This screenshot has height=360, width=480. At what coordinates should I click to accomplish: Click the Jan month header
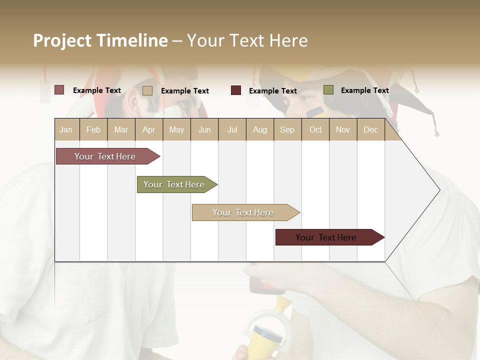point(66,129)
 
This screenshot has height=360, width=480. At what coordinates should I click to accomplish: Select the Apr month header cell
point(149,129)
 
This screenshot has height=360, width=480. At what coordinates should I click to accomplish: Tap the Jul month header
point(232,129)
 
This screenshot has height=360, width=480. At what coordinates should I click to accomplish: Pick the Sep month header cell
point(287,129)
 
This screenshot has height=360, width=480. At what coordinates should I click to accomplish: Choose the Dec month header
point(370,129)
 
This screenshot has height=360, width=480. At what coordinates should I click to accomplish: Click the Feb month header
point(93,129)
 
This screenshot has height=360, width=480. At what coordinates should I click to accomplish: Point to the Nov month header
point(343,129)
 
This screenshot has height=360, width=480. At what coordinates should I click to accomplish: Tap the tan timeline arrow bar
point(243,212)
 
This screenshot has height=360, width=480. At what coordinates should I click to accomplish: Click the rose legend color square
point(59,90)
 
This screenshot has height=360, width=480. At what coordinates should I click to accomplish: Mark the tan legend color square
point(147,90)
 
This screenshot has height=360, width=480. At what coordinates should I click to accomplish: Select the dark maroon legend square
point(236,90)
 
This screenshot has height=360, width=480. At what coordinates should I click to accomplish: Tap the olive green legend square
point(328,90)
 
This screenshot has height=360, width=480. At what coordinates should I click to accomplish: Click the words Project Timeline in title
point(100,40)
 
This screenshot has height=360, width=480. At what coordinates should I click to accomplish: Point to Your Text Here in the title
point(247,40)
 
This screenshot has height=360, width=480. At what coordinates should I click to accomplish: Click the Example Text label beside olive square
point(364,90)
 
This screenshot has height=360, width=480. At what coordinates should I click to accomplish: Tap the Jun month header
point(204,129)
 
